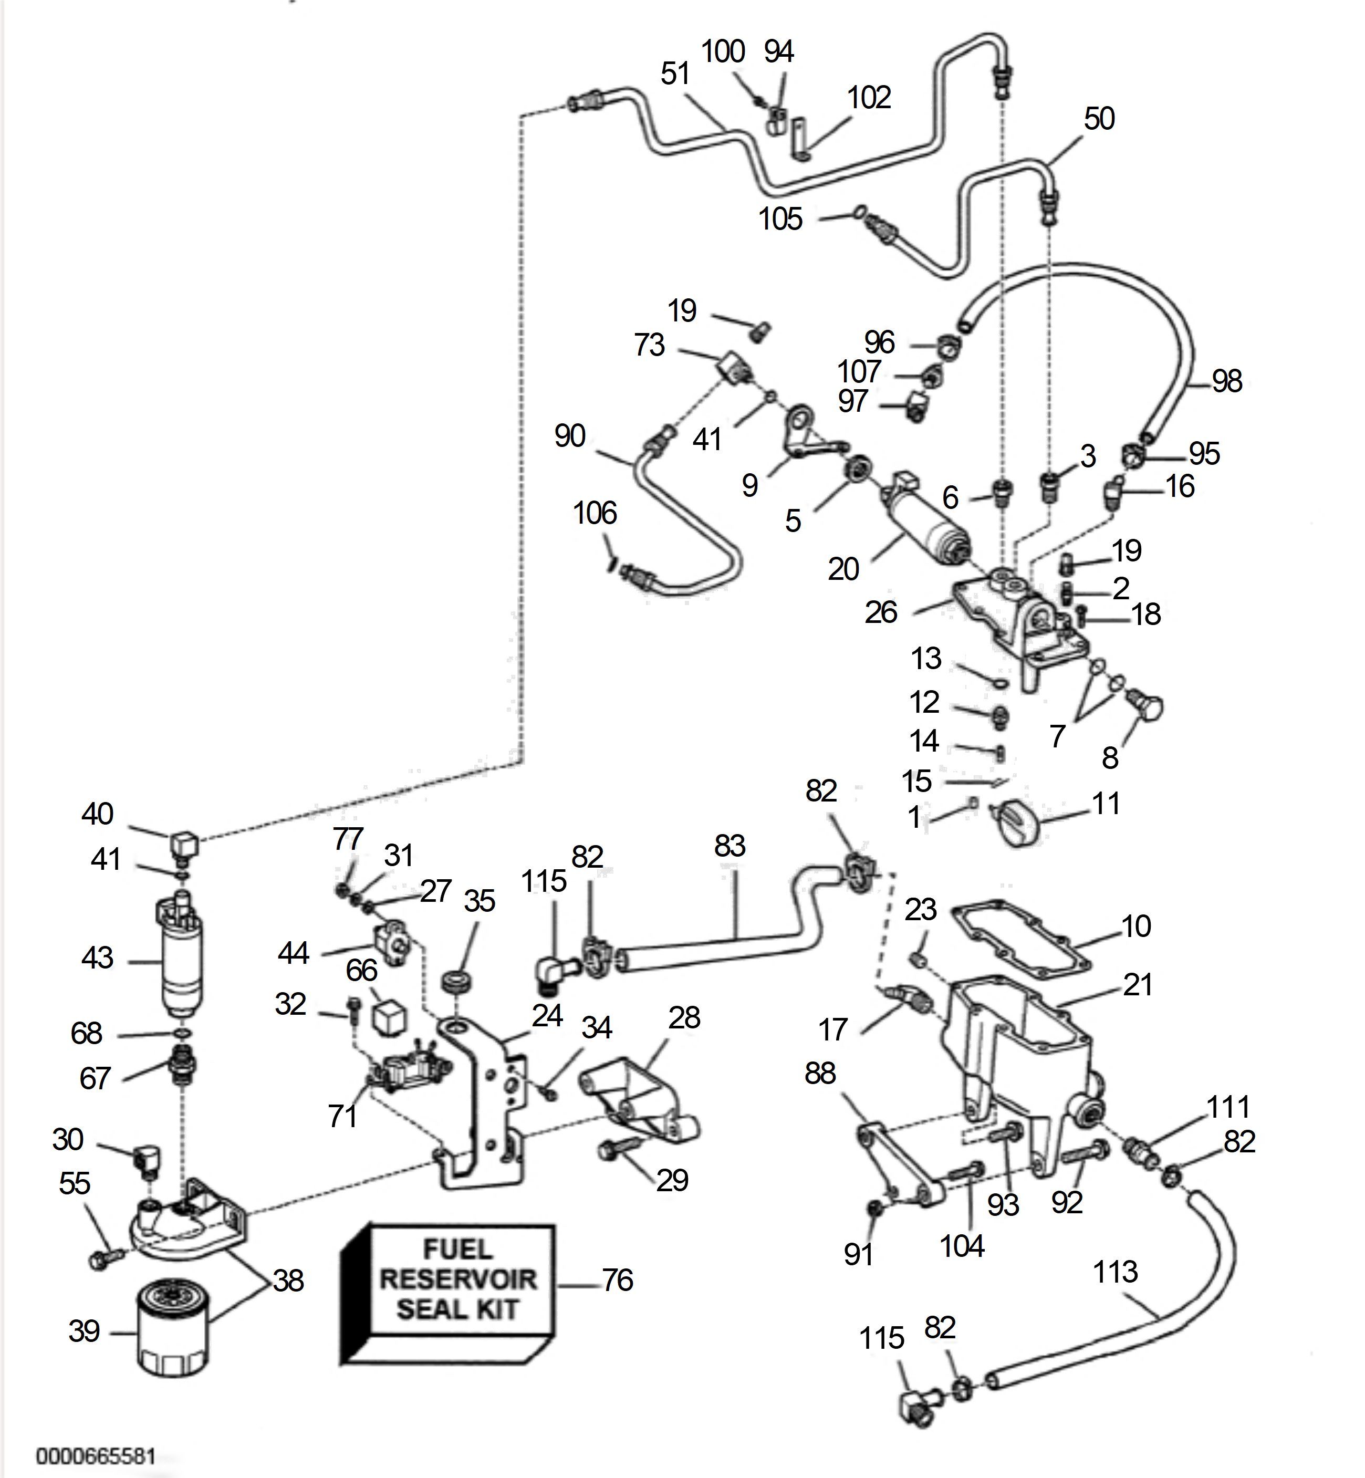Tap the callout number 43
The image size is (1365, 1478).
(98, 958)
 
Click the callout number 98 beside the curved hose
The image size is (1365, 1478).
(1227, 381)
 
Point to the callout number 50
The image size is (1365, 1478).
(1099, 119)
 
